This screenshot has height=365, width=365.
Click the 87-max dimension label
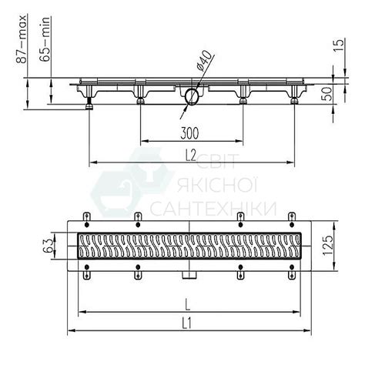click(21, 39)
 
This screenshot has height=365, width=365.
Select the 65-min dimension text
click(45, 39)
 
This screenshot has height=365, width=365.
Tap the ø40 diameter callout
click(205, 61)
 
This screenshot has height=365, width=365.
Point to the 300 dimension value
click(189, 133)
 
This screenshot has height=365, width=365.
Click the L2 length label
click(191, 156)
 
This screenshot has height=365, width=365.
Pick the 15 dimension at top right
click(339, 46)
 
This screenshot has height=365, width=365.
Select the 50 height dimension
click(326, 93)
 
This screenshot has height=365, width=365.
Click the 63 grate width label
click(49, 245)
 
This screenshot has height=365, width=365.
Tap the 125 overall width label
click(327, 245)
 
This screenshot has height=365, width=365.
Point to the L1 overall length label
click(187, 323)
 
